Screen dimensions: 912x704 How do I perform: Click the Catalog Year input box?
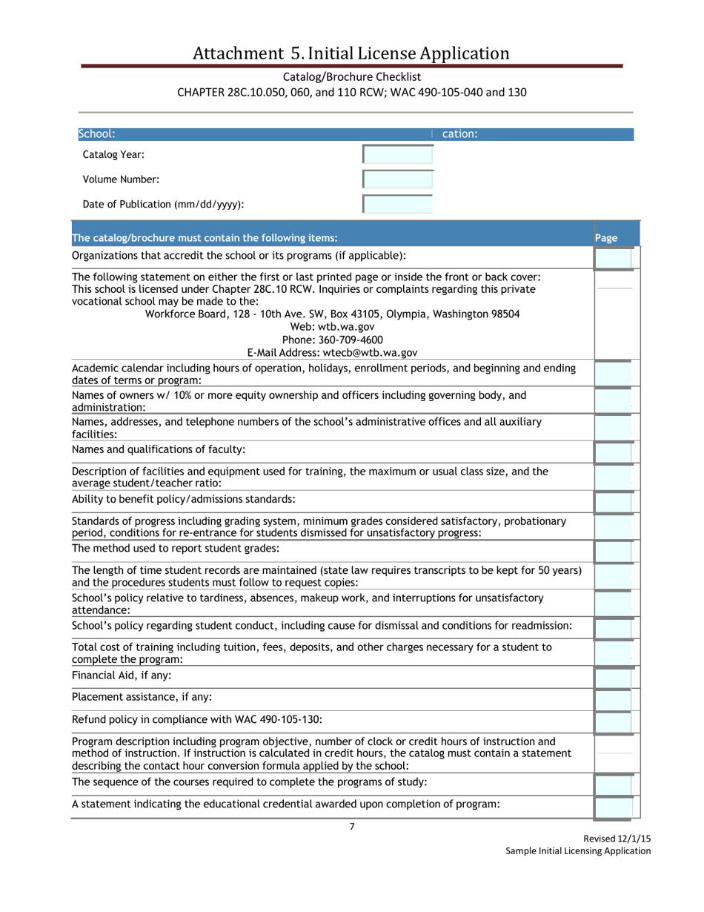pyautogui.click(x=397, y=154)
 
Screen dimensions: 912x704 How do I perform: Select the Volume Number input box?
pyautogui.click(x=397, y=179)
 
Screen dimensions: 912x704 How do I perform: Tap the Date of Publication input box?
pyautogui.click(x=397, y=205)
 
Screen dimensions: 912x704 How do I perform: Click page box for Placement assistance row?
pyautogui.click(x=614, y=698)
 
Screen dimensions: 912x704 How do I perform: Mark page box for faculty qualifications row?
pyautogui.click(x=614, y=452)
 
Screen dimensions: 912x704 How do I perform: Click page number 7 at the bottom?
pyautogui.click(x=352, y=827)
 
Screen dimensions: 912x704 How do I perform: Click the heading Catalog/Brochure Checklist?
pyautogui.click(x=351, y=76)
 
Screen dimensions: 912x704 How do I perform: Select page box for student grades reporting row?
pyautogui.click(x=614, y=551)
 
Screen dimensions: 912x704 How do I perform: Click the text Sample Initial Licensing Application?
pyautogui.click(x=578, y=850)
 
